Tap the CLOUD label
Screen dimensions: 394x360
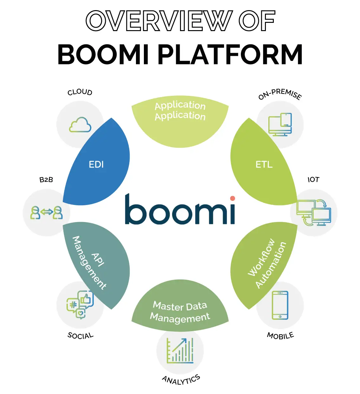pos(80,92)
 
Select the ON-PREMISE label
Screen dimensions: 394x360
pos(280,94)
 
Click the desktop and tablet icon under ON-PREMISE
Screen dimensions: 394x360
pos(280,124)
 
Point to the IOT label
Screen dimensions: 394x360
pos(313,180)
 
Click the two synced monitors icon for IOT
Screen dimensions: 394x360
pos(314,213)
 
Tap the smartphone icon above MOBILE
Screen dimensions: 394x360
pos(280,305)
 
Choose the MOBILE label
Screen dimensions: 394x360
pos(280,336)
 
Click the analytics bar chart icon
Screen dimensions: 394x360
pos(180,351)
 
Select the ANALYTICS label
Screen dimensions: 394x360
pos(181,379)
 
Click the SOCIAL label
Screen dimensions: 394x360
pos(80,336)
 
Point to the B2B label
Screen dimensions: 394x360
pos(46,180)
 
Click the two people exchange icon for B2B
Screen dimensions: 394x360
pos(47,213)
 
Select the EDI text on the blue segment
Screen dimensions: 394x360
pos(96,164)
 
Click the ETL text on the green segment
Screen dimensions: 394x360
pos(264,164)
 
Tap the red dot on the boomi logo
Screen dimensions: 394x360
pos(233,198)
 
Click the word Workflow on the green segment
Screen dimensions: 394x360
pos(261,257)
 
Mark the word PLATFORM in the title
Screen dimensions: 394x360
pos(230,55)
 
